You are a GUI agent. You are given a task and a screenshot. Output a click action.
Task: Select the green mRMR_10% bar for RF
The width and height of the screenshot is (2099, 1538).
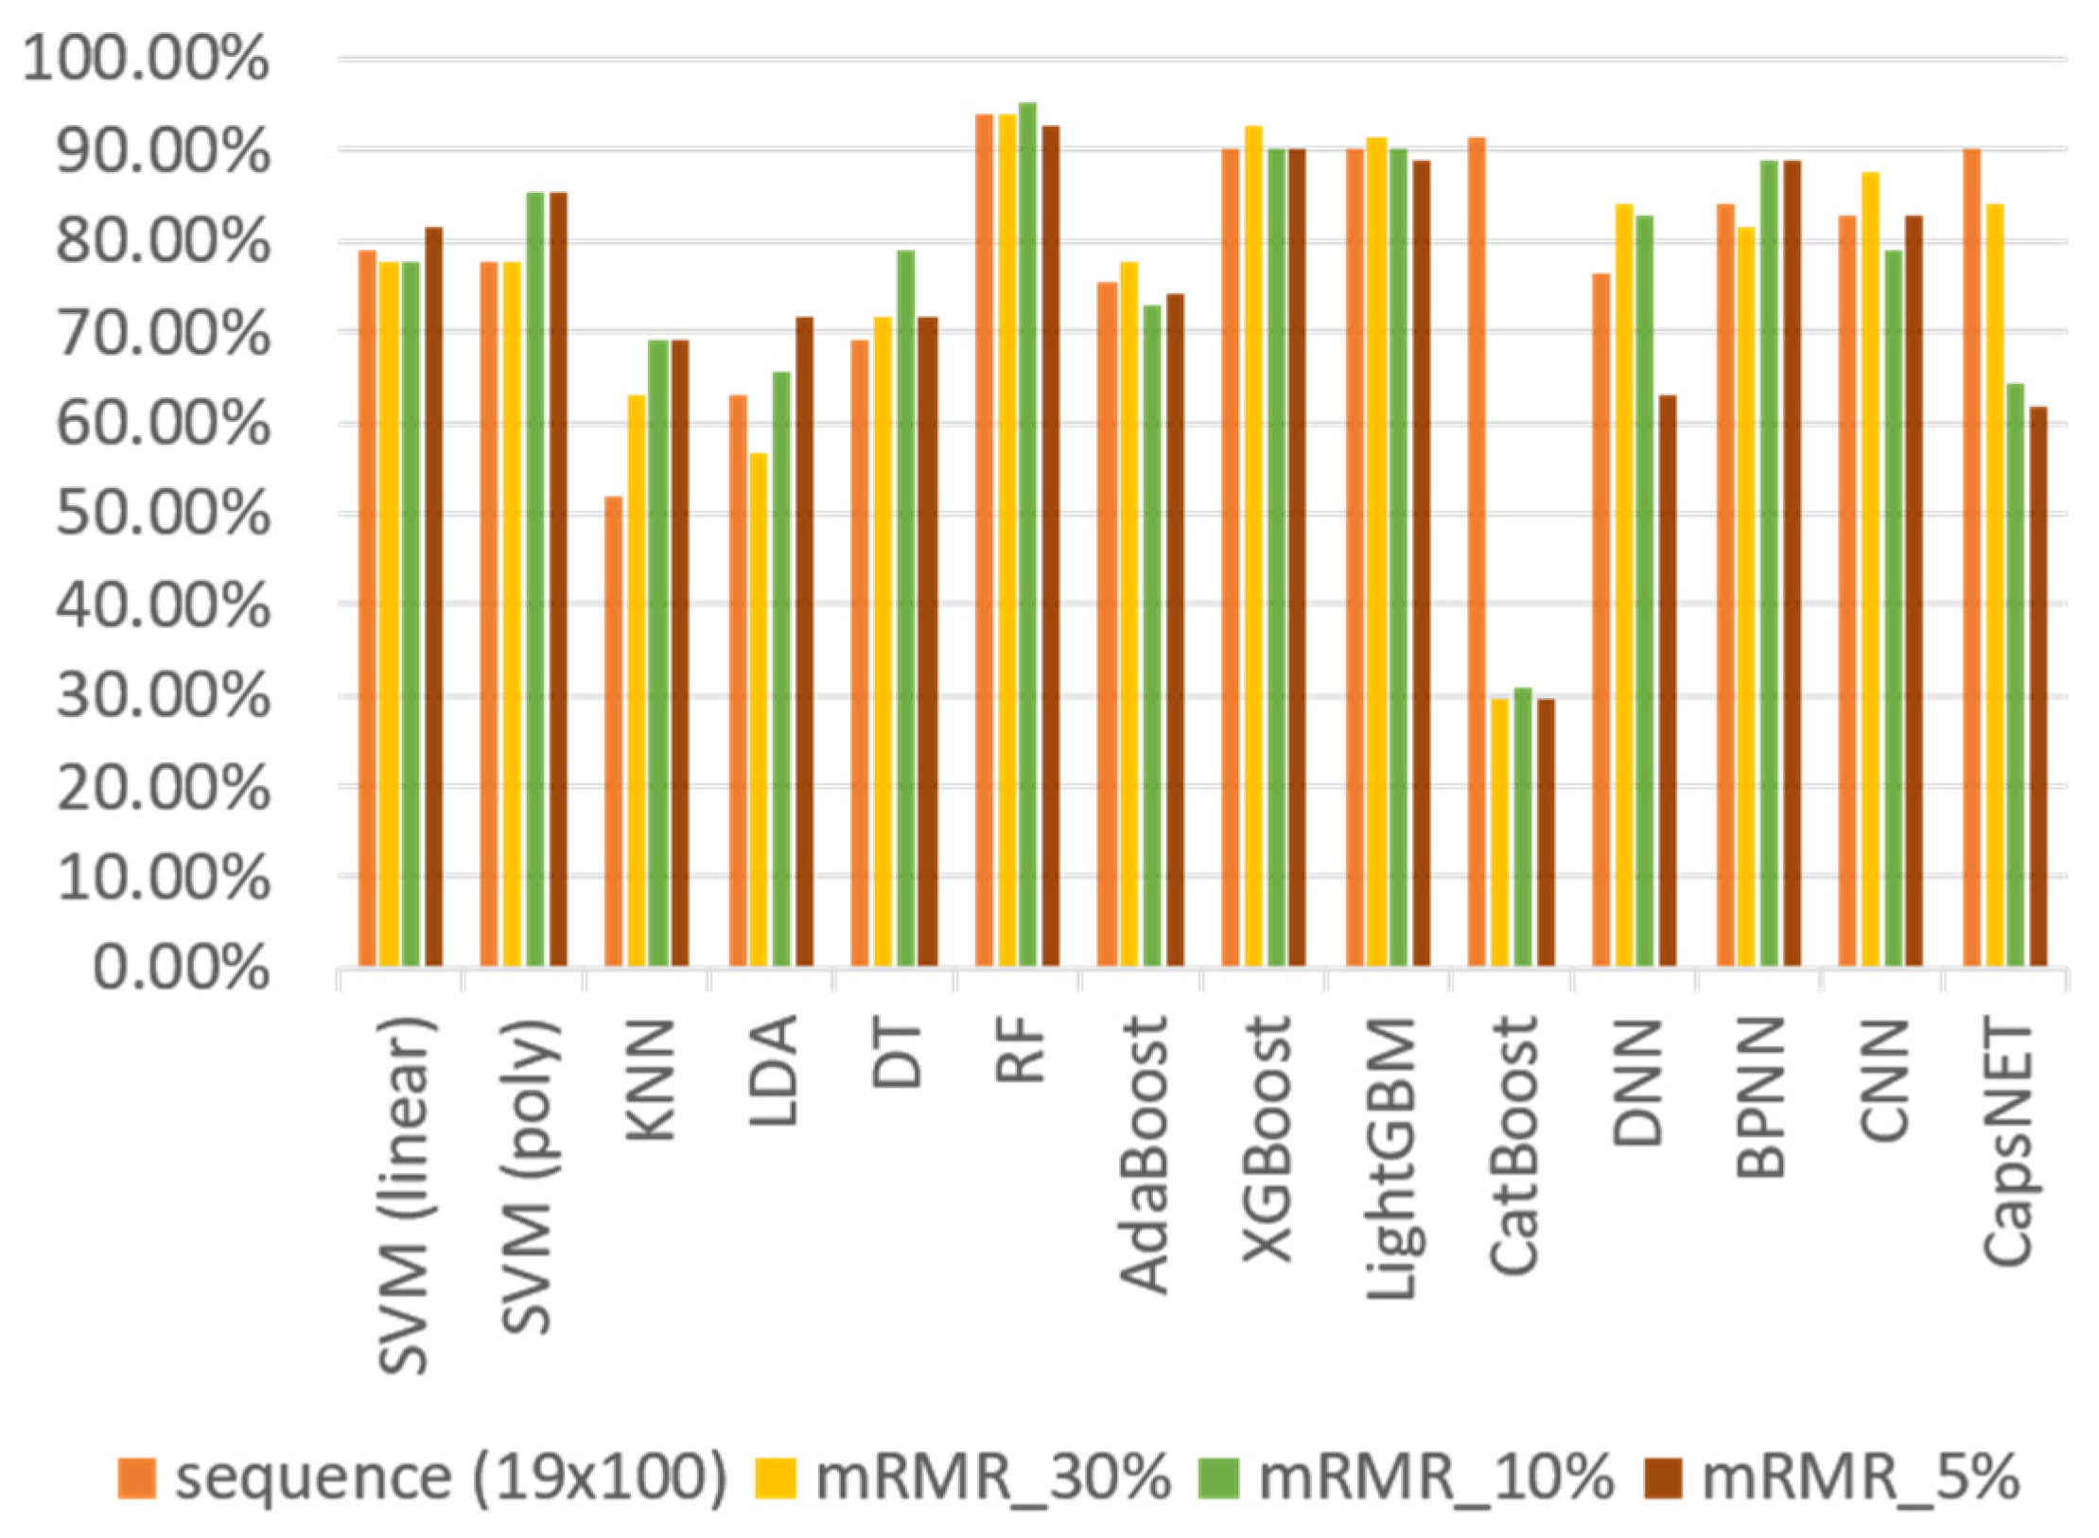click(x=1027, y=534)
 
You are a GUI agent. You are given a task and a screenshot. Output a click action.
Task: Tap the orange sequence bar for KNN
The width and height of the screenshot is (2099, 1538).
click(x=613, y=731)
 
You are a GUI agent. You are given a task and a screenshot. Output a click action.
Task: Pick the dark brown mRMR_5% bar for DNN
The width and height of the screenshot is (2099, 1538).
click(x=1667, y=681)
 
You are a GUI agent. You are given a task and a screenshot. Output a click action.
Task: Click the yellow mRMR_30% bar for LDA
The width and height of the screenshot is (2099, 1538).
click(x=758, y=709)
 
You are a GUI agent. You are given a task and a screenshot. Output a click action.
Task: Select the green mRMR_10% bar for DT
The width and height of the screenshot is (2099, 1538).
click(x=905, y=608)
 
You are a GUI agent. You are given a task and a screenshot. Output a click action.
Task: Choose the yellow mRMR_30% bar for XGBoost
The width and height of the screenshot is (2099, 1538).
click(x=1253, y=546)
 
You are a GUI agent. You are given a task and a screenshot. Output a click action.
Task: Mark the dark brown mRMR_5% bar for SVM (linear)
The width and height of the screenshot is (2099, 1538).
click(x=433, y=597)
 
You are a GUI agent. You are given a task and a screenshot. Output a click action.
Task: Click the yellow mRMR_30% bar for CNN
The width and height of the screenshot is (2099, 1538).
click(x=1870, y=568)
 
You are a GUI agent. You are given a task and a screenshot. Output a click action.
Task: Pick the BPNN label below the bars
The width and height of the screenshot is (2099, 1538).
click(x=1759, y=1097)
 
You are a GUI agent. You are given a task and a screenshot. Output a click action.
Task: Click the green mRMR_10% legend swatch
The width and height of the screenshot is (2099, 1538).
click(x=1221, y=1477)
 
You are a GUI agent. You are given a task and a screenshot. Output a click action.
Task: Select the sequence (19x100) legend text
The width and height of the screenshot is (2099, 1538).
click(x=451, y=1477)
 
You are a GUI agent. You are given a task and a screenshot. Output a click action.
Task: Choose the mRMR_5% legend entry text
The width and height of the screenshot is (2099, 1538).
click(x=1860, y=1477)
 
